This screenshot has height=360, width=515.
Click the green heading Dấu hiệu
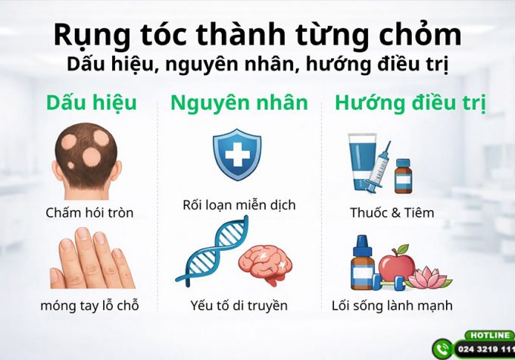[91, 102]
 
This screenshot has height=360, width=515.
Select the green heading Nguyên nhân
[239, 102]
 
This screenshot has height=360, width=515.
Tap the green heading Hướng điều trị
[410, 102]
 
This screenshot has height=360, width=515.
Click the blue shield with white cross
[236, 154]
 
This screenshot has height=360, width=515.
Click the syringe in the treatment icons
[377, 167]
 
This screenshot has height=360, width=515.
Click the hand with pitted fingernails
[89, 261]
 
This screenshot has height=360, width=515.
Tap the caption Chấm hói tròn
[89, 213]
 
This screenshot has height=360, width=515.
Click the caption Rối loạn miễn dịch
[239, 205]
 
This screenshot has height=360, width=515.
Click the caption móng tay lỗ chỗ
[89, 306]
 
